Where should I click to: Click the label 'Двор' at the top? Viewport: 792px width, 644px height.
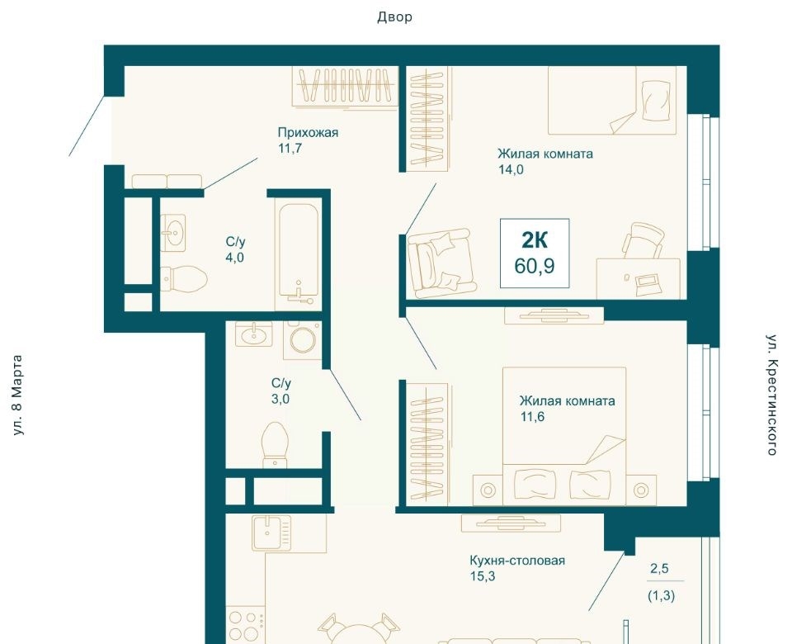(394, 17)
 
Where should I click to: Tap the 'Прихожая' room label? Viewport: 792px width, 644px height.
(308, 132)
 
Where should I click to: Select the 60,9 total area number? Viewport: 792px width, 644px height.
(535, 266)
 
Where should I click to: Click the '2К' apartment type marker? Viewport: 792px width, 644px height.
(535, 240)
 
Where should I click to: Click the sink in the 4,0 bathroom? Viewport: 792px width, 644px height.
(172, 233)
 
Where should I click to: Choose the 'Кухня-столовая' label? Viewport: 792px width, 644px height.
(516, 561)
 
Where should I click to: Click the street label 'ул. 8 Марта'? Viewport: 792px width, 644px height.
(17, 395)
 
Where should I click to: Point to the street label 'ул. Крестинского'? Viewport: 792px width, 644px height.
(771, 395)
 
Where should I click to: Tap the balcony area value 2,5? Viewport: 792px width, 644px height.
(659, 569)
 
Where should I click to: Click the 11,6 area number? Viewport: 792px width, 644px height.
(532, 417)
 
